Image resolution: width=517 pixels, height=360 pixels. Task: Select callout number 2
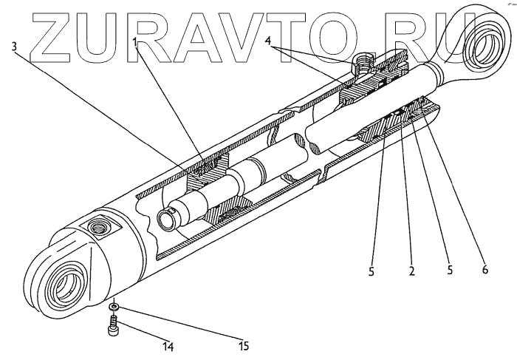[x=412, y=271]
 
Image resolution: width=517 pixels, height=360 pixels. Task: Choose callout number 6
[x=485, y=270]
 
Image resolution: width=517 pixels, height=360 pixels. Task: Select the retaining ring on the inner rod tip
[x=167, y=216]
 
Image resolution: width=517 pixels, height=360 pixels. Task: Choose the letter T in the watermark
[x=295, y=36]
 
